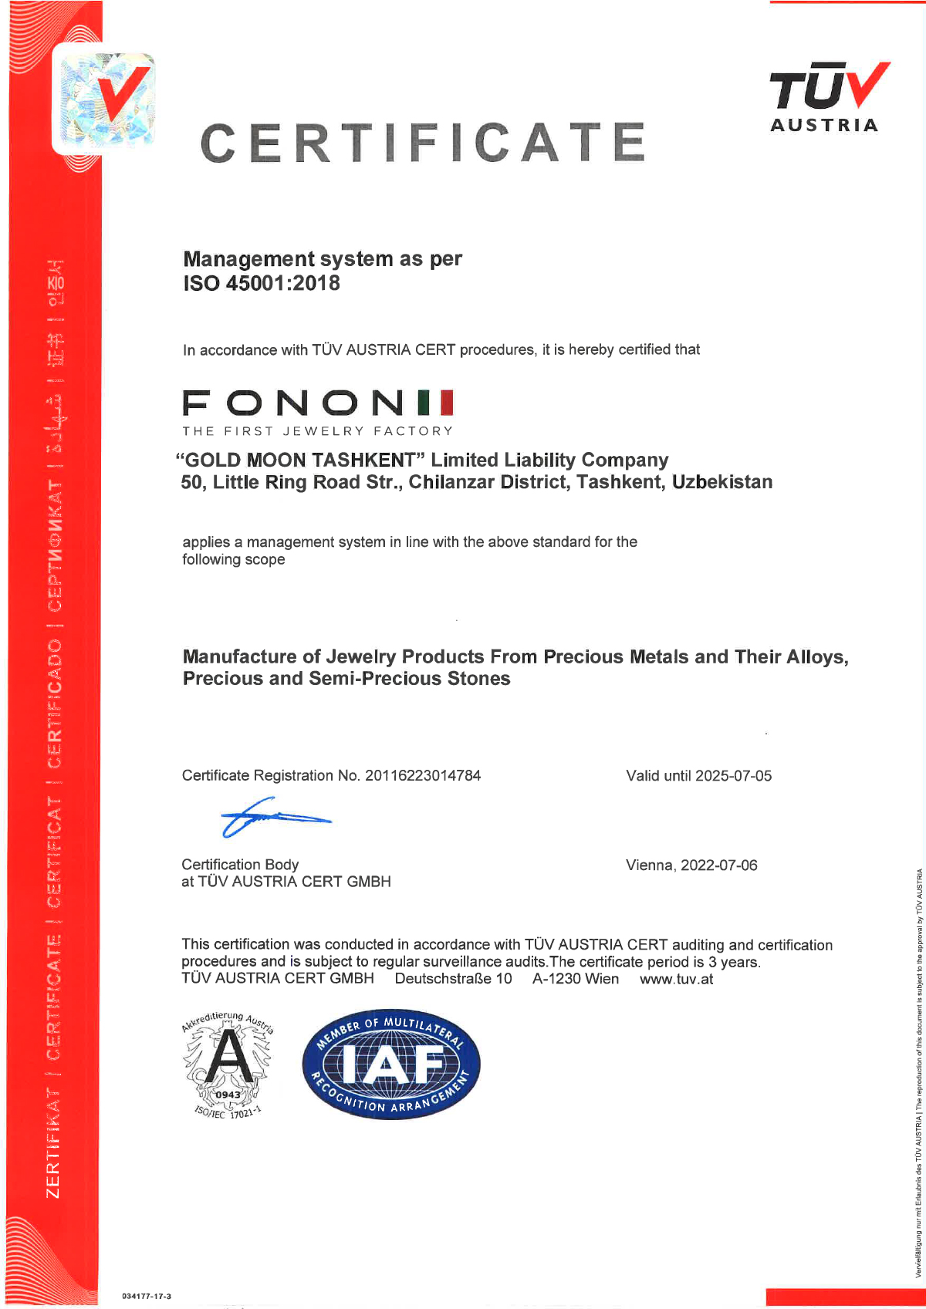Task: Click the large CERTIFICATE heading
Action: (422, 143)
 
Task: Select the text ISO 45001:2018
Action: (262, 284)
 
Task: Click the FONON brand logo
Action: (318, 403)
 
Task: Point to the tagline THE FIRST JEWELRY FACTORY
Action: (317, 431)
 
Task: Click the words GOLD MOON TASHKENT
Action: (300, 461)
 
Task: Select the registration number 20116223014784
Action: (423, 776)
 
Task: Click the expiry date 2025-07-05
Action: (733, 776)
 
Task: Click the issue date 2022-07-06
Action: (719, 865)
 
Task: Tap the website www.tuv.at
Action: (676, 980)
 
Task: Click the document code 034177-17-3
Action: (147, 1296)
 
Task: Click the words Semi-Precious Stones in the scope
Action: (409, 679)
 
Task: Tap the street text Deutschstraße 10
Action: (453, 980)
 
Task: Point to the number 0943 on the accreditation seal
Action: (228, 1095)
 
